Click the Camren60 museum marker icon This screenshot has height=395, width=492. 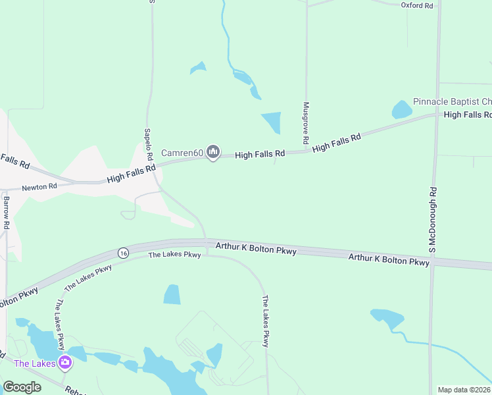212,153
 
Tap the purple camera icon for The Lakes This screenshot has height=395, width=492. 64,362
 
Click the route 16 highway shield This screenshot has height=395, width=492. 122,253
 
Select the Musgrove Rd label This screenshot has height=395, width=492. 306,123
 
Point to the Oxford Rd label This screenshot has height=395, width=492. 417,5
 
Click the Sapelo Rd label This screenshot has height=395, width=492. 148,142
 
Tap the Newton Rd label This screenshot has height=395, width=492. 39,187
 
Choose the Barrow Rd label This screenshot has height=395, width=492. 6,212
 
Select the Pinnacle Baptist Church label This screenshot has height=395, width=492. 452,101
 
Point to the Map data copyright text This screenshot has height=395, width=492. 464,389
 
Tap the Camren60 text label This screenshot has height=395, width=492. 182,153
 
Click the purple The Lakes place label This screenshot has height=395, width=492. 30,363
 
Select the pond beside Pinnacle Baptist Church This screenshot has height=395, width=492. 401,109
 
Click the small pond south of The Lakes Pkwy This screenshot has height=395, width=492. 172,294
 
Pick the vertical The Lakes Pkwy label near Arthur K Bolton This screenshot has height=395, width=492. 266,321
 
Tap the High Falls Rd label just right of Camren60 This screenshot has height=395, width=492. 260,154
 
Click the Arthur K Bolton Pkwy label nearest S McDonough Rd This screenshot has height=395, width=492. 389,259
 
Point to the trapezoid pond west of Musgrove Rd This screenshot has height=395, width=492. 272,123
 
